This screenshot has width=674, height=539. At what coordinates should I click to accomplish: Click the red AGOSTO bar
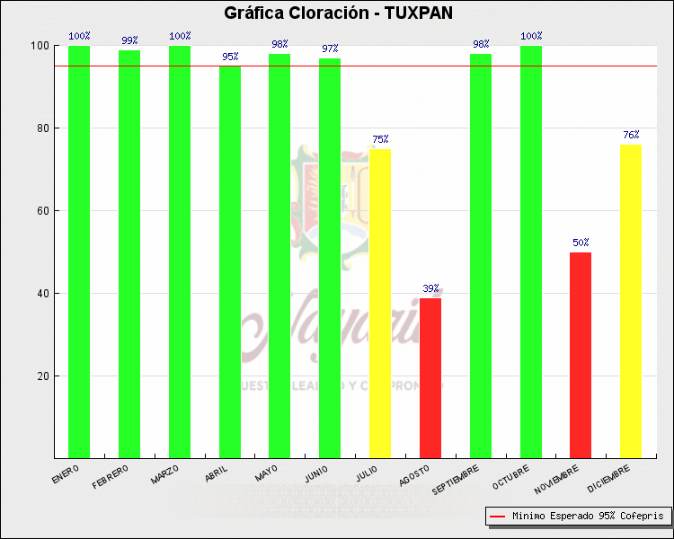(430, 377)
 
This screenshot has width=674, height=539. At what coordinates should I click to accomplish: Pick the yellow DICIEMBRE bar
(631, 301)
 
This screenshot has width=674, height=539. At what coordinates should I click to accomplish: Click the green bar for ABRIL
(230, 261)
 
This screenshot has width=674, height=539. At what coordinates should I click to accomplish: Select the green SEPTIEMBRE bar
(481, 255)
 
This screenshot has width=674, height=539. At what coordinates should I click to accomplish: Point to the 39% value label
(430, 289)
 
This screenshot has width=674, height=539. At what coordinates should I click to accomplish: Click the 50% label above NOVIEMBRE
(581, 243)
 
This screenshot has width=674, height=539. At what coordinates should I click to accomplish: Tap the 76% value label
(631, 136)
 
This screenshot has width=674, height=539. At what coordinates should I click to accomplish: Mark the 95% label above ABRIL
(230, 57)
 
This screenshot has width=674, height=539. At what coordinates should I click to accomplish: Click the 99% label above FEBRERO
(129, 40)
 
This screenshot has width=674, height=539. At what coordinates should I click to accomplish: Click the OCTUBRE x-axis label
(511, 478)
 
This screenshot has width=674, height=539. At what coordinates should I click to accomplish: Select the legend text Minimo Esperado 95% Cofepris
(588, 517)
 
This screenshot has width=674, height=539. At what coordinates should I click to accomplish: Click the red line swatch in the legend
(497, 517)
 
